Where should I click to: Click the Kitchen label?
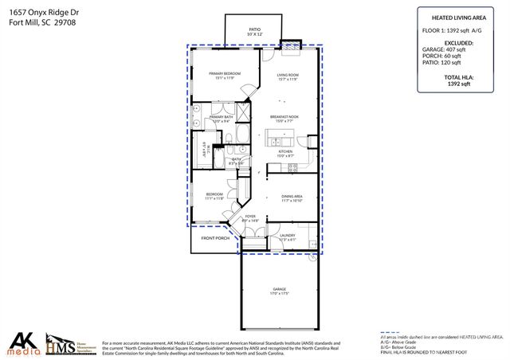click(285, 151)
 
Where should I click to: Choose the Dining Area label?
click(292, 196)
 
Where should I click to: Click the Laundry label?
click(288, 237)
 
